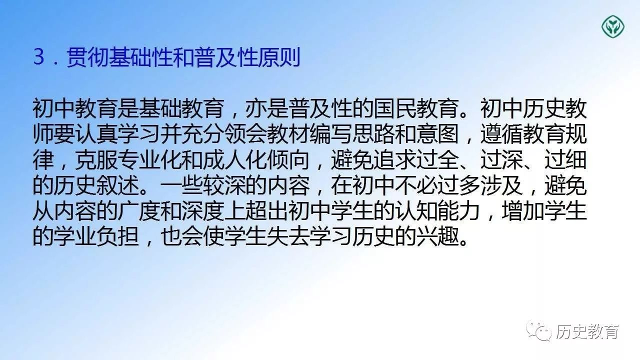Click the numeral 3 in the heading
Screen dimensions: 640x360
click(x=39, y=57)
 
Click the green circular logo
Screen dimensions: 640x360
click(x=613, y=27)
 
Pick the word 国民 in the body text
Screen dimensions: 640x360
click(x=394, y=109)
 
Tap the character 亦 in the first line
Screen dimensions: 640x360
click(x=256, y=109)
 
